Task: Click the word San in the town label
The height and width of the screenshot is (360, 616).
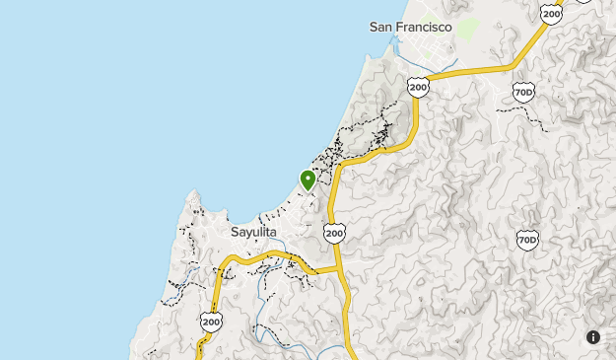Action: point(381,28)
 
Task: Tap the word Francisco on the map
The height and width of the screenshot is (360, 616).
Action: point(424,28)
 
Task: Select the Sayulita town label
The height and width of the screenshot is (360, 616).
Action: point(253,233)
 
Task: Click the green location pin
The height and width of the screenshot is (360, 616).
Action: point(308,180)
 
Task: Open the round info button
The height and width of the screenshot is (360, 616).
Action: point(593,337)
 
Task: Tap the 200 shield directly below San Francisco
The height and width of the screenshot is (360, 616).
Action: point(419,88)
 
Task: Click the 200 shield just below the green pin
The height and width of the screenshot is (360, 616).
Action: point(334,233)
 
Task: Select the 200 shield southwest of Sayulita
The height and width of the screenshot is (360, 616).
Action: point(211,321)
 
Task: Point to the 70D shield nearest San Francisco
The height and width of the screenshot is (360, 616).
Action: point(524,93)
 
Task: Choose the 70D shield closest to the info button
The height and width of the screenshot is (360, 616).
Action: point(527,240)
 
